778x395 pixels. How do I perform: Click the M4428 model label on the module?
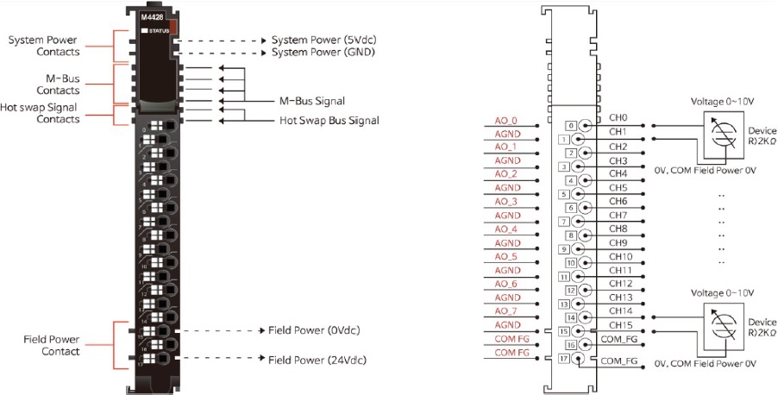[152, 16]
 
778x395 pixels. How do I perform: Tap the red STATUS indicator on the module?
[173, 26]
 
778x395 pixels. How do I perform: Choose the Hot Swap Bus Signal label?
[329, 120]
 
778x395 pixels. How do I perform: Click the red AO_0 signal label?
[505, 120]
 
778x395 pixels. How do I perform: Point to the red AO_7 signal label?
[505, 310]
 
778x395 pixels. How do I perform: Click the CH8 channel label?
[618, 229]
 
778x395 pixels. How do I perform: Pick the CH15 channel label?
[620, 324]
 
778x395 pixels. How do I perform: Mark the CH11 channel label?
[620, 270]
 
